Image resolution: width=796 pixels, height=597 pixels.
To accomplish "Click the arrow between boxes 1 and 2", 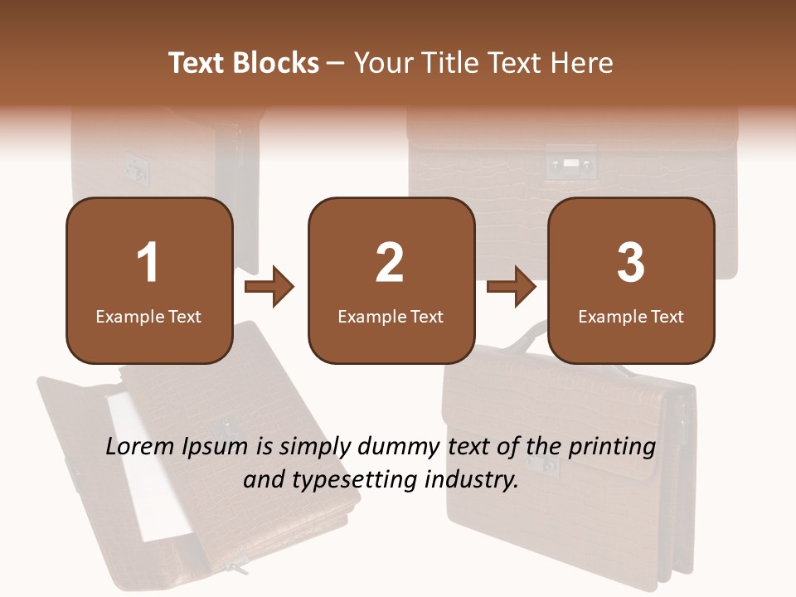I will pyautogui.click(x=270, y=288).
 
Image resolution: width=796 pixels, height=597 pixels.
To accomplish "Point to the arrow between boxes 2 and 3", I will pyautogui.click(x=512, y=288).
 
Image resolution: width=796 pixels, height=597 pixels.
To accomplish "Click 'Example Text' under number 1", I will pyautogui.click(x=148, y=316).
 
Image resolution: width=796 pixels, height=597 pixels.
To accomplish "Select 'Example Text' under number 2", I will pyautogui.click(x=391, y=316).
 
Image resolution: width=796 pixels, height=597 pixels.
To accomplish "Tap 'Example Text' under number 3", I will pyautogui.click(x=631, y=316).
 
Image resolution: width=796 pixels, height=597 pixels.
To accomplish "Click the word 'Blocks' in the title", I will pyautogui.click(x=276, y=63).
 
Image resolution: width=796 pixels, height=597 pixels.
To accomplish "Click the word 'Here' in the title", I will pyautogui.click(x=581, y=63).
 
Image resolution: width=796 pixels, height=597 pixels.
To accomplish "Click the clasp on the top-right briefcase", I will pyautogui.click(x=570, y=163).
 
